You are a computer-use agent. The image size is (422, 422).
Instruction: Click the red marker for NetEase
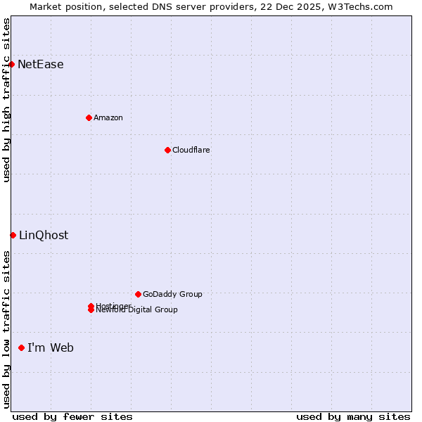point(11,64)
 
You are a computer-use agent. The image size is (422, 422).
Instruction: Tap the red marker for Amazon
point(89,117)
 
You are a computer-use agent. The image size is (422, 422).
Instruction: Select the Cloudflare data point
point(167,150)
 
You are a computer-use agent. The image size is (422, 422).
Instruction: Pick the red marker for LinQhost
point(13,235)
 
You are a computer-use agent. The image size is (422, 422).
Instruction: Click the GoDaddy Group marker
point(138,294)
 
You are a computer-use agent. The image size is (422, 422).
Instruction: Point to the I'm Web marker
point(21,347)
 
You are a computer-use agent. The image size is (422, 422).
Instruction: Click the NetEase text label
point(41,65)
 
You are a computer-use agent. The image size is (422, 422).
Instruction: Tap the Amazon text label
point(108,117)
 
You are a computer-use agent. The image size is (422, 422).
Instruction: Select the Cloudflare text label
point(191,150)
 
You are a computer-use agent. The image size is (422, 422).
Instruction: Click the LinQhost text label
point(44,236)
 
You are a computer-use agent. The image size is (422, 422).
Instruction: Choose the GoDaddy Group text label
point(172,294)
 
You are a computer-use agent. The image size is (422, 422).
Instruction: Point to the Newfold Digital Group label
point(137,310)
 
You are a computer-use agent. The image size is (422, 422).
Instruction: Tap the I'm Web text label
point(51,348)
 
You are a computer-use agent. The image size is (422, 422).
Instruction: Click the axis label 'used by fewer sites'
point(72,417)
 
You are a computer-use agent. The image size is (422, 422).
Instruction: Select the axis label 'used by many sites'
point(353,417)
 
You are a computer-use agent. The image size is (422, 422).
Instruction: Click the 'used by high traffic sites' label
point(7,100)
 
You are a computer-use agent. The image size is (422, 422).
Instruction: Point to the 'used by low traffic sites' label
point(7,329)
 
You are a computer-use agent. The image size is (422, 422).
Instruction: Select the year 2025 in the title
point(312,6)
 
